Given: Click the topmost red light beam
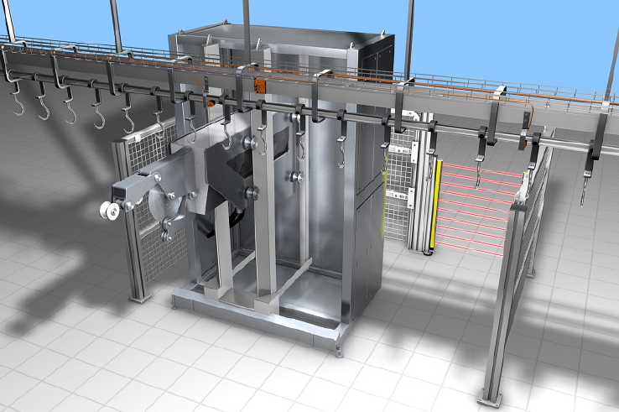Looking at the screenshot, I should [478, 168].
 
